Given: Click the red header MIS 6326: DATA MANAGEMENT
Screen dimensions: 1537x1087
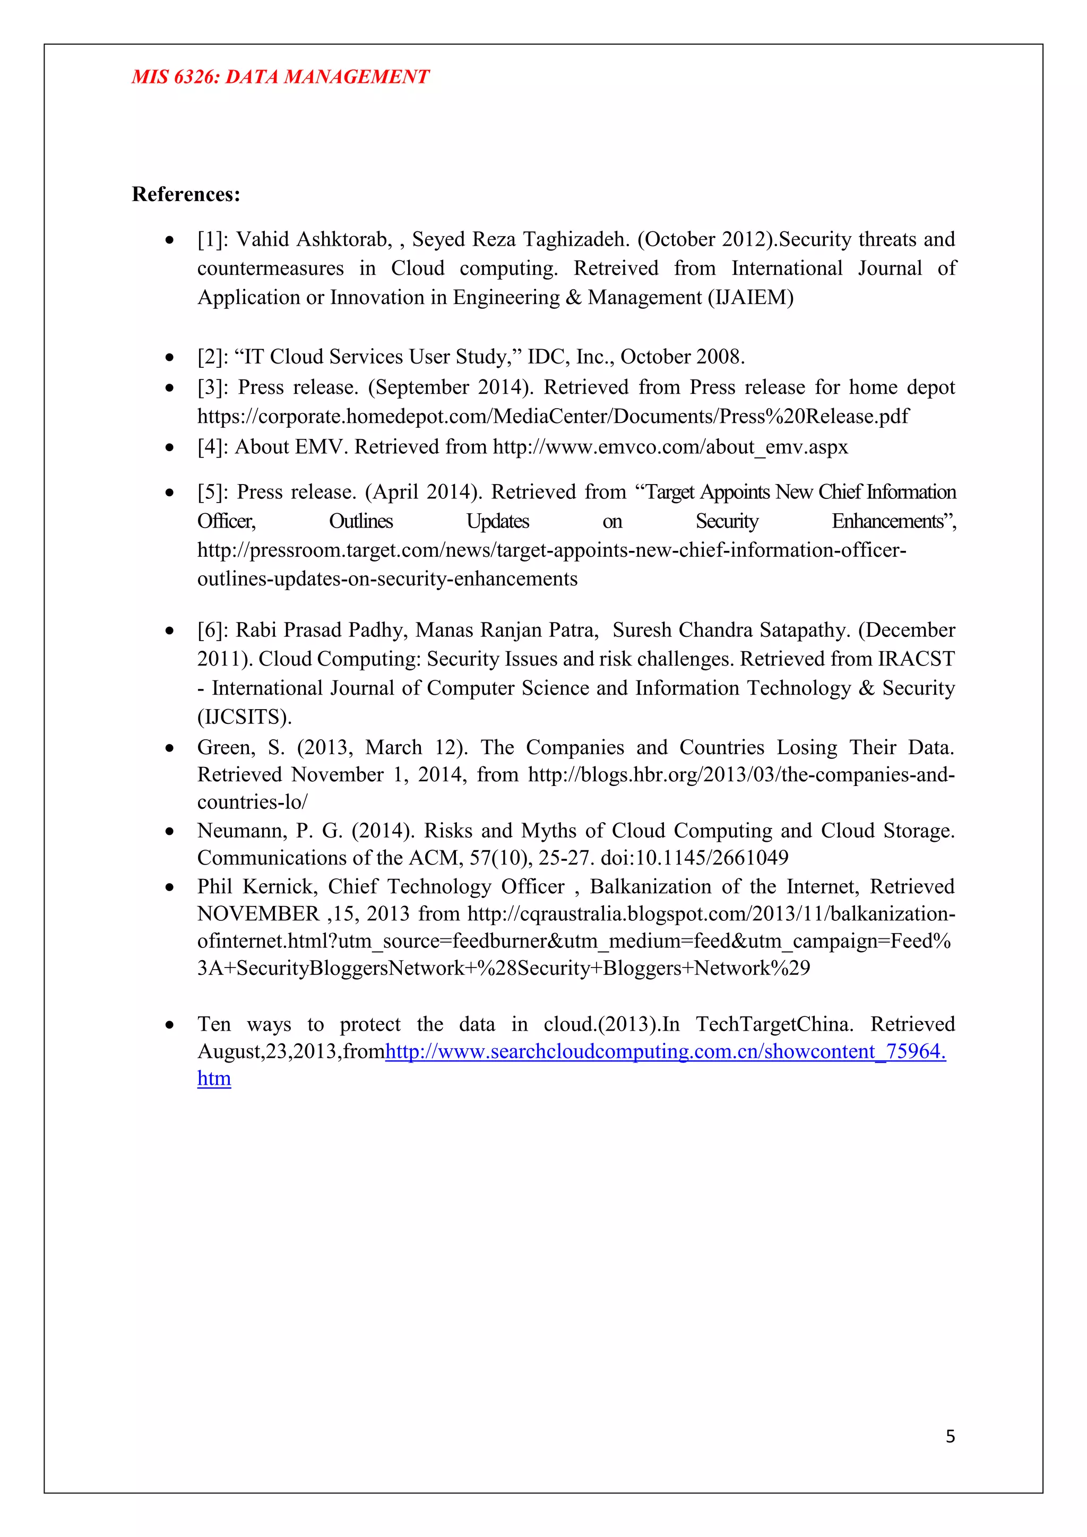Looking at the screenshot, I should pos(280,77).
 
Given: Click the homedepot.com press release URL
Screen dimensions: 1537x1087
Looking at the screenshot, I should pos(553,417).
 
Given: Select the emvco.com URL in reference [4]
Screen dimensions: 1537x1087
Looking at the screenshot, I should pos(670,447).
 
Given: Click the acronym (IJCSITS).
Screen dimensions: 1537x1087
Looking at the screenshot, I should pos(244,718).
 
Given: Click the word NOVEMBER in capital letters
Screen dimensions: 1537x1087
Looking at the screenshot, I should pos(258,914).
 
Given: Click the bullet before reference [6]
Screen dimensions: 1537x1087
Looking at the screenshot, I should pos(170,631).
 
